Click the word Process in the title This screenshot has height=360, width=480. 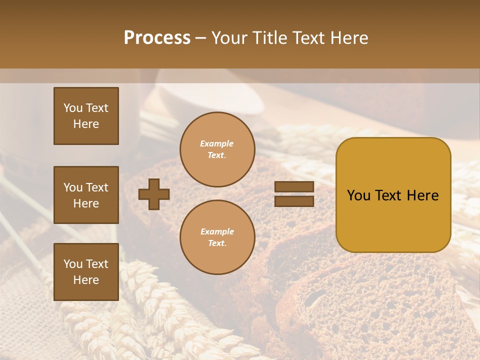(x=157, y=38)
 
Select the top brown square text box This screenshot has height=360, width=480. (x=86, y=116)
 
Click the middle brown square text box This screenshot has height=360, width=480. (x=86, y=195)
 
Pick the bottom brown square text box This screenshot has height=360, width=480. (x=86, y=272)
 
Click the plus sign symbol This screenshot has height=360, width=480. (x=154, y=194)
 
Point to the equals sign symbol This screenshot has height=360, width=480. (x=294, y=194)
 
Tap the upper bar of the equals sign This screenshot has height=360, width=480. (x=294, y=187)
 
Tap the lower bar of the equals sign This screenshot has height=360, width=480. (x=294, y=201)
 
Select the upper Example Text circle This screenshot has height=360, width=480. (x=217, y=149)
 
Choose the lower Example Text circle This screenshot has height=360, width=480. (x=217, y=237)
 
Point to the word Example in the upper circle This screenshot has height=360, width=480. (x=217, y=144)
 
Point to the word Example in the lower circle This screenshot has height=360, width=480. (x=217, y=232)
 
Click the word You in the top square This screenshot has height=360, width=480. (x=72, y=108)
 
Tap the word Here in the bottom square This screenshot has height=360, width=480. (x=86, y=280)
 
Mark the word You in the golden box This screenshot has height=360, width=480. (x=358, y=195)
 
